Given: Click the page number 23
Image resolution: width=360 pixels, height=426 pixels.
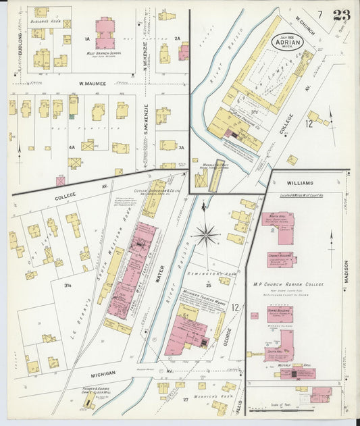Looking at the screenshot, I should (341, 15).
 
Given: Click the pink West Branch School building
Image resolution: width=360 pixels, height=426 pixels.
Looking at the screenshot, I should (105, 33).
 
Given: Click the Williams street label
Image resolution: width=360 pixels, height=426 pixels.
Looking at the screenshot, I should (300, 183).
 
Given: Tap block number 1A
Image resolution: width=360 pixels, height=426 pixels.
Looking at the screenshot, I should (87, 38).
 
